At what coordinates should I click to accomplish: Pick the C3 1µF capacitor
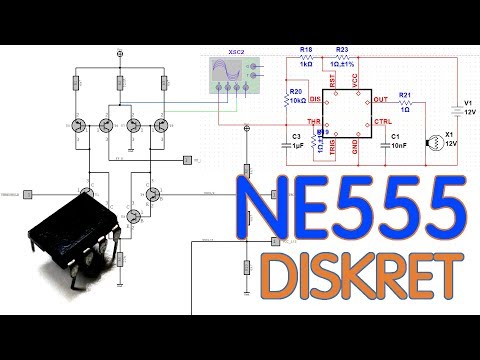point(297,141)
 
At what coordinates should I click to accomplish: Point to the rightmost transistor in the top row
point(162,126)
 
